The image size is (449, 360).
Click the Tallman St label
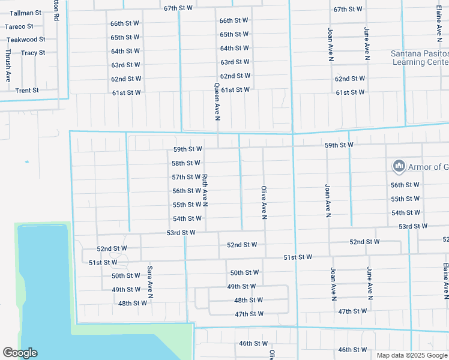25,12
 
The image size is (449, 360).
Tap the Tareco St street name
19,26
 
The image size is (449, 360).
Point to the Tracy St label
33,53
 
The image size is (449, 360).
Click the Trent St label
27,91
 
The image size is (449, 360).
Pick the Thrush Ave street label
8,65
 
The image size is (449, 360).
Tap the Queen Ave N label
218,100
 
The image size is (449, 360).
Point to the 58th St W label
186,163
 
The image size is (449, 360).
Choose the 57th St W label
186,177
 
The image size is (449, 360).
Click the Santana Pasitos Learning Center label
420,58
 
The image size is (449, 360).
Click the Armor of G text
429,166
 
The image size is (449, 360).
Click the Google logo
20,353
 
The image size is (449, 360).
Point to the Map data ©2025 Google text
411,355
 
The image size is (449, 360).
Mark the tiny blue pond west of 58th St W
26,161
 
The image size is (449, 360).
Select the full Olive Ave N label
264,202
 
